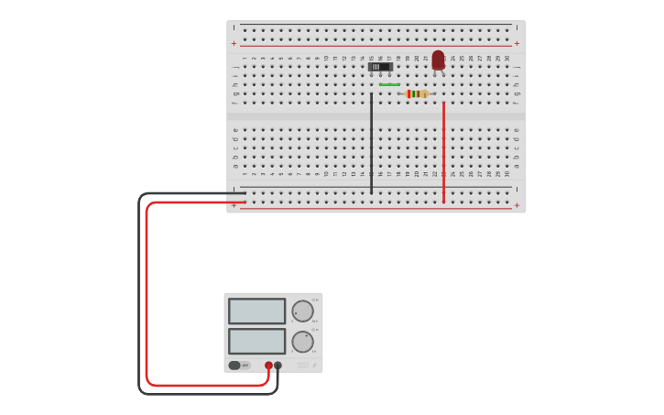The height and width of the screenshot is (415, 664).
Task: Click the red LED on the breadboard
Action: pyautogui.click(x=438, y=60)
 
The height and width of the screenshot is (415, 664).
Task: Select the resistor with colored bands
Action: pyautogui.click(x=417, y=93)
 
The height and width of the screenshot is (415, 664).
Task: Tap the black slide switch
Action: pyautogui.click(x=380, y=67)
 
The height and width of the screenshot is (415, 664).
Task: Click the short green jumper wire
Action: pyautogui.click(x=389, y=85)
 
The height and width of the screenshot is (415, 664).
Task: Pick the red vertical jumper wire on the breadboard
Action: pyautogui.click(x=443, y=151)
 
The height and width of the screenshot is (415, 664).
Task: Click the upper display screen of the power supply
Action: pyautogui.click(x=257, y=311)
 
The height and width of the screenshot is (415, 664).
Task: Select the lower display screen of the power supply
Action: pyautogui.click(x=257, y=342)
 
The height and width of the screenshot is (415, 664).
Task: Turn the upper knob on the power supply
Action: pyautogui.click(x=302, y=311)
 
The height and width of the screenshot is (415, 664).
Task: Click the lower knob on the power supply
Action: pyautogui.click(x=302, y=342)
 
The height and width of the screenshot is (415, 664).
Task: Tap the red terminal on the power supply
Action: pyautogui.click(x=268, y=366)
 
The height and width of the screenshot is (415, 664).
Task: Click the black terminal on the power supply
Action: pyautogui.click(x=278, y=366)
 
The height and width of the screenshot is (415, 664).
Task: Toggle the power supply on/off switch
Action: pyautogui.click(x=235, y=366)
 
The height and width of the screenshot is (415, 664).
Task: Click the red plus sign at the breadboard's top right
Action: pyautogui.click(x=517, y=43)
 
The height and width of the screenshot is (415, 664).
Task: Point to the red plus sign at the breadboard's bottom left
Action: pyautogui.click(x=234, y=205)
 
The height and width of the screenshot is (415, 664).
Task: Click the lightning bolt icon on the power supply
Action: pyautogui.click(x=315, y=365)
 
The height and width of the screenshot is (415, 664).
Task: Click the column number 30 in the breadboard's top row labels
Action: pyautogui.click(x=507, y=59)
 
